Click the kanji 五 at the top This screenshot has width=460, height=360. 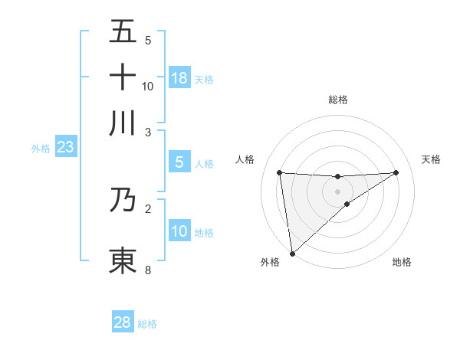(x=123, y=31)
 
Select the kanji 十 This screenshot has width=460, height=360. (x=123, y=77)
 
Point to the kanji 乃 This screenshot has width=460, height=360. (x=123, y=199)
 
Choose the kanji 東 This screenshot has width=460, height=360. (x=123, y=260)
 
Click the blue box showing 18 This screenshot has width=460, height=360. (x=179, y=78)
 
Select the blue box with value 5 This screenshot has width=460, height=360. (x=179, y=162)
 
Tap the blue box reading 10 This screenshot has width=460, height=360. (x=179, y=231)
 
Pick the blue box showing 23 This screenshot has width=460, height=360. (x=65, y=147)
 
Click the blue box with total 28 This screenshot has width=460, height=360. (x=123, y=322)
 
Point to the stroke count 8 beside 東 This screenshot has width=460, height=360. (x=148, y=270)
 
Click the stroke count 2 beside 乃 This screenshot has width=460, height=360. (x=148, y=208)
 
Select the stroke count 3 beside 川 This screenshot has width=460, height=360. (x=148, y=132)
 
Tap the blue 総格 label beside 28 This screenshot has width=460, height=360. (x=147, y=324)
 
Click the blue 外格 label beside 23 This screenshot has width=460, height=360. (x=41, y=149)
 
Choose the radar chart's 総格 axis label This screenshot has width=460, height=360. (x=338, y=100)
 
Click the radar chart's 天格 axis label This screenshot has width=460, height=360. (x=431, y=159)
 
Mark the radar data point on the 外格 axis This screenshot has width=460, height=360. (x=291, y=253)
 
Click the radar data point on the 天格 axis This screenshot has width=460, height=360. (x=396, y=172)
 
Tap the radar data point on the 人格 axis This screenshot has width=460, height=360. (x=280, y=172)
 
